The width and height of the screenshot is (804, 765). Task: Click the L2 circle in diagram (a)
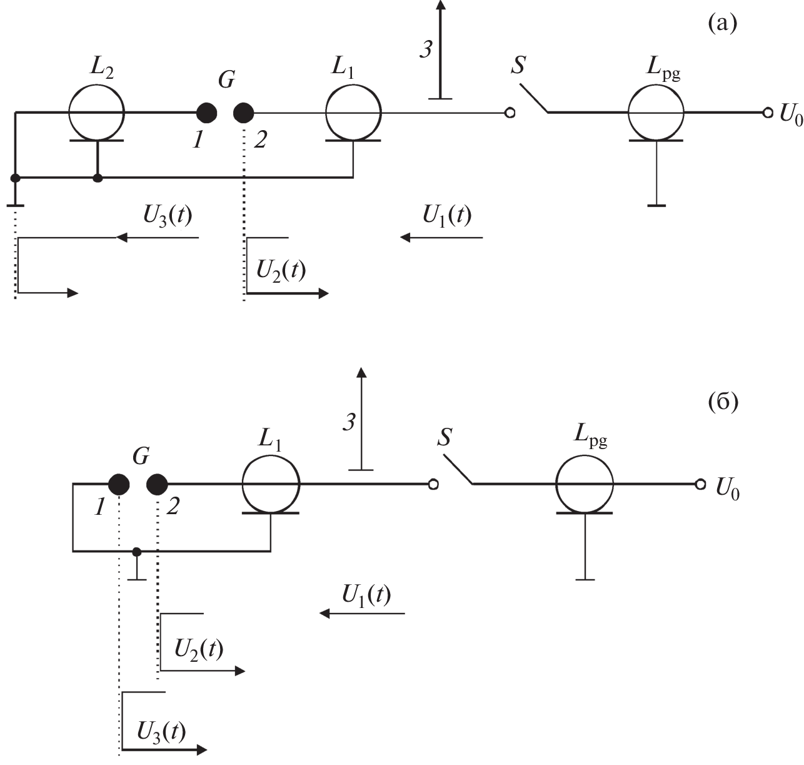[96, 113]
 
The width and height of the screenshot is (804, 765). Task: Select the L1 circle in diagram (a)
[353, 113]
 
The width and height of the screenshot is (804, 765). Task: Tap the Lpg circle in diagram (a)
[656, 113]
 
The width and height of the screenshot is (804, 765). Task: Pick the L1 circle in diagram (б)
[271, 484]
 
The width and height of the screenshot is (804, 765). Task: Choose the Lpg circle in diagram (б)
[585, 484]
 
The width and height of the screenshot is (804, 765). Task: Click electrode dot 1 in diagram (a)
[207, 113]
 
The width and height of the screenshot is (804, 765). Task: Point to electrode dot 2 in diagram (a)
[244, 113]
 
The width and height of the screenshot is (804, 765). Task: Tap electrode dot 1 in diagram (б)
[119, 484]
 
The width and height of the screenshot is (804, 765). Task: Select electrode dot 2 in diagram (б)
[157, 484]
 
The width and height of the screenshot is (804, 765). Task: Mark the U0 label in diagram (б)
[727, 489]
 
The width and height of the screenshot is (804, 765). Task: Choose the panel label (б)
[723, 401]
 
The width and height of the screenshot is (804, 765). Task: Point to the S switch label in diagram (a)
[518, 65]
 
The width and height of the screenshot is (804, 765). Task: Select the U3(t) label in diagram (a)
[168, 215]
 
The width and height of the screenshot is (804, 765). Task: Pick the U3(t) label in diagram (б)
[161, 730]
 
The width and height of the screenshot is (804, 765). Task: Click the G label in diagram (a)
[227, 80]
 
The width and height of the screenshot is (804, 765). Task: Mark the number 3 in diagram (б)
[349, 422]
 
